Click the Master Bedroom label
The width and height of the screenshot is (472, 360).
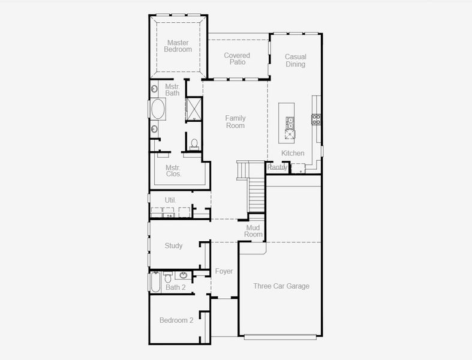[x=178, y=46]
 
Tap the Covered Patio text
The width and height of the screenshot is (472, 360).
[x=237, y=59]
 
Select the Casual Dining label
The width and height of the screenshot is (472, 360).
[x=295, y=61]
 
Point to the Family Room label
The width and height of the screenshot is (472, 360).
[x=235, y=122]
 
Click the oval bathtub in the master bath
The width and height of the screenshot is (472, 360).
[x=158, y=109]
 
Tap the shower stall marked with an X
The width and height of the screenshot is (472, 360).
[x=194, y=109]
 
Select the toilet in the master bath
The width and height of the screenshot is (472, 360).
[x=194, y=144]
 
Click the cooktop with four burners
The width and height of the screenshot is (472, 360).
[x=315, y=119]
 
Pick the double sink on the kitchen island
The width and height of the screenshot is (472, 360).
[x=290, y=123]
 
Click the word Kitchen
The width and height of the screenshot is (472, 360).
[x=293, y=153]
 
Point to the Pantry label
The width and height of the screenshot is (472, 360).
[x=277, y=167]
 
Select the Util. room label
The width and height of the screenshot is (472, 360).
[x=170, y=200]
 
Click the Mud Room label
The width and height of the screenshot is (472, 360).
[x=254, y=231]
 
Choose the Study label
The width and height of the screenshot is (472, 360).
[x=173, y=245]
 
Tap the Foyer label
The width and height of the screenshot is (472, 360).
[x=224, y=271]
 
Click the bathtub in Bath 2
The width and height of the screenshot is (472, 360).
[x=155, y=281]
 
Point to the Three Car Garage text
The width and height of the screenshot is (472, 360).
[x=281, y=286]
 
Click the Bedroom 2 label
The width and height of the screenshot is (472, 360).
[x=176, y=320]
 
